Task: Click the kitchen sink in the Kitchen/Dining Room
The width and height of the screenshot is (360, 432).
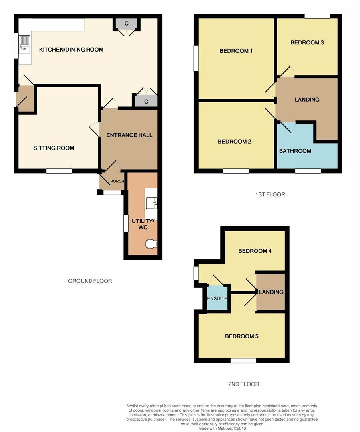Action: tap(24, 45)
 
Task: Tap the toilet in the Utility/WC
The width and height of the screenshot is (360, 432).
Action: tap(151, 244)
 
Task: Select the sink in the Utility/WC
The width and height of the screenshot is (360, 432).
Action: tap(151, 203)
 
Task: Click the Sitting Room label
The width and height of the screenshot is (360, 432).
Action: tap(54, 148)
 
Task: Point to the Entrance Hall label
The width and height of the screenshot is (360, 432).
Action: tap(129, 135)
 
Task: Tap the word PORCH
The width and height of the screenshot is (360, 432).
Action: tap(117, 181)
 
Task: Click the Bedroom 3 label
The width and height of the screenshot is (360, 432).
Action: tap(307, 42)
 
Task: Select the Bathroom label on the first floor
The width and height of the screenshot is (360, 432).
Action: tap(295, 151)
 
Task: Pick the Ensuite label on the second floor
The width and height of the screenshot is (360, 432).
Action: tap(217, 298)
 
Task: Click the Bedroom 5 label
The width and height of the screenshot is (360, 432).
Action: tap(242, 336)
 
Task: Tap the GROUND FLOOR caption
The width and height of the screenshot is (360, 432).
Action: tap(90, 281)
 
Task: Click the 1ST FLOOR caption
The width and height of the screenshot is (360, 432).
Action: tap(270, 194)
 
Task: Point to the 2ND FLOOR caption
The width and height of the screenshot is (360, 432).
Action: tap(244, 384)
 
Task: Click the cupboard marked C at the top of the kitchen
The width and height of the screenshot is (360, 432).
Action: tap(127, 24)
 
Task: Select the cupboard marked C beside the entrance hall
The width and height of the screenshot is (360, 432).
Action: tap(146, 101)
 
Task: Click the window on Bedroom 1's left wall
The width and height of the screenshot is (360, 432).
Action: tap(196, 58)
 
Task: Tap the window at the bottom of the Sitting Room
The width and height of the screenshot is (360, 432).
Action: tap(59, 171)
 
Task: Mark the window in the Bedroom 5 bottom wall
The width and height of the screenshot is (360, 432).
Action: tap(243, 361)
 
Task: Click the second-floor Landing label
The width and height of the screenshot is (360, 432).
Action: tap(271, 292)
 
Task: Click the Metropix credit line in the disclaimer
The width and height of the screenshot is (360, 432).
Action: tap(222, 428)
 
